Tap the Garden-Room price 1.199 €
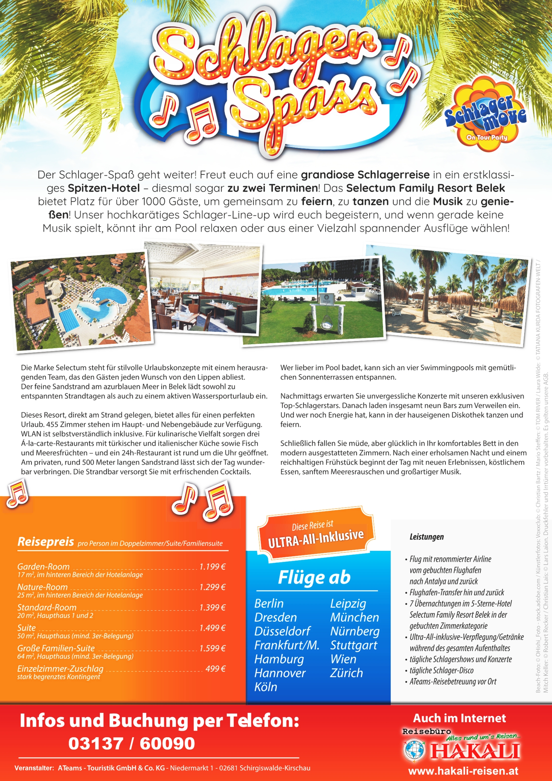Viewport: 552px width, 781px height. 213,567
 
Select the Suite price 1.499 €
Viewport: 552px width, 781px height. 213,628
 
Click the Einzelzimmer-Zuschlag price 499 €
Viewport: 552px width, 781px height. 216,669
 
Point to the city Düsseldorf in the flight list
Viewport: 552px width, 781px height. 282,631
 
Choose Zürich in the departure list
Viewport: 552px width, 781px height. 346,672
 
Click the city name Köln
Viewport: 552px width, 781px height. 266,687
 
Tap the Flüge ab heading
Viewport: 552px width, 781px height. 314,577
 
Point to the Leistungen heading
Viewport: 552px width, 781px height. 427,537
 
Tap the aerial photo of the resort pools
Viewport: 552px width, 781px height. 81,301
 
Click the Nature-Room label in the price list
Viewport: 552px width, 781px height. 42,587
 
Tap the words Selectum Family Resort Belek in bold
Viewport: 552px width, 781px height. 426,188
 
